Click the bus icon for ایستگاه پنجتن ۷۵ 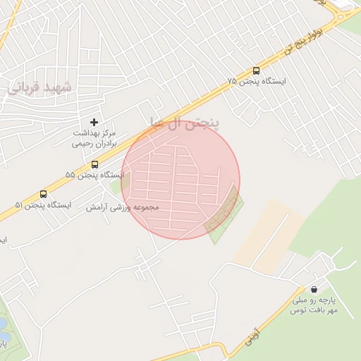tap(256, 71)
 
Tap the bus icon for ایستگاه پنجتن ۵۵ tap(94, 164)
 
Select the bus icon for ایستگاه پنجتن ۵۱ tap(44, 194)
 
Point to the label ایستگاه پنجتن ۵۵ tap(94, 175)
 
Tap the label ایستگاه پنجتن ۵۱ tap(43, 205)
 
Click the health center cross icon tap(94, 122)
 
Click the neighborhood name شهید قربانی tap(40, 87)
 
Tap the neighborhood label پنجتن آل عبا tap(185, 123)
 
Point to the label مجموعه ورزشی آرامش tap(123, 208)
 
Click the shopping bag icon tap(314, 289)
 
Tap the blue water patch tap(2, 323)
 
